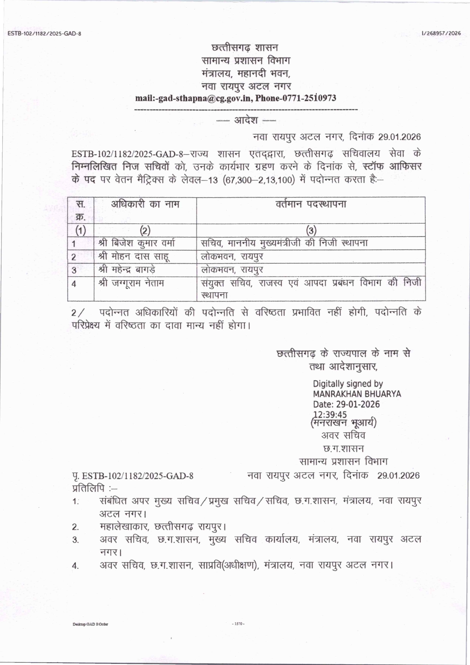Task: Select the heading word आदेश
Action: click(246, 120)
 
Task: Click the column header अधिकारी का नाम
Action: click(145, 204)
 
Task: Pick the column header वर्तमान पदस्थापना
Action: click(311, 204)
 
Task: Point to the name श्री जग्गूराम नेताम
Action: click(131, 283)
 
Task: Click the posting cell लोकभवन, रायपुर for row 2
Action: click(232, 256)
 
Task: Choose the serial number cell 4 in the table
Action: click(74, 284)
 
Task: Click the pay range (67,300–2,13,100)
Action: click(258, 180)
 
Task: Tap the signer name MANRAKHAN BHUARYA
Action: click(357, 394)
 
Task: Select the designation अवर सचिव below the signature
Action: click(343, 436)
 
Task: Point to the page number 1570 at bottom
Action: click(238, 624)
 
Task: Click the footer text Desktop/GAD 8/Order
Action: click(90, 624)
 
